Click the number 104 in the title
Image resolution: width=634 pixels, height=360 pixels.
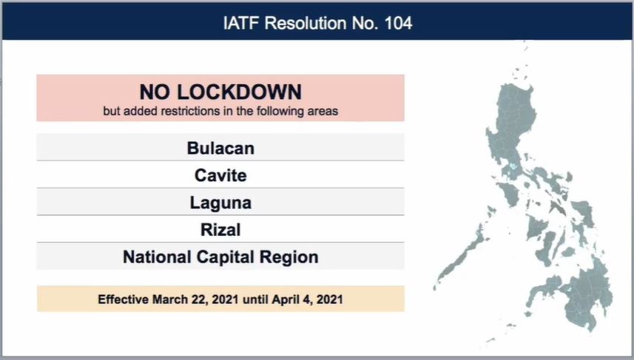click(398, 23)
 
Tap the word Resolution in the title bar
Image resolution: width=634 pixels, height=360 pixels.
click(306, 23)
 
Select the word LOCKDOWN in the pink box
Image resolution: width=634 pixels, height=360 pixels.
click(239, 92)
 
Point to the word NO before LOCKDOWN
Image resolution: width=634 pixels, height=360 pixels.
click(155, 92)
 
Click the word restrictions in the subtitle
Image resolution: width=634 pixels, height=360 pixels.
click(189, 111)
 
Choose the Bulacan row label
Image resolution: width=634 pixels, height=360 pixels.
click(220, 149)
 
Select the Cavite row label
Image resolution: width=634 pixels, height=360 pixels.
click(220, 175)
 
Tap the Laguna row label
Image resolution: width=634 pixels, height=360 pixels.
click(220, 203)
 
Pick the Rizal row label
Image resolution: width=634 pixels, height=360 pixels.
click(220, 230)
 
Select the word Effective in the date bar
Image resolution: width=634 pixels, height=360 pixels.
click(123, 299)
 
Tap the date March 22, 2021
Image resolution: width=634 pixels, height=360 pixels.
click(196, 300)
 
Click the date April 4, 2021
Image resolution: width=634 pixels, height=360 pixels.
click(307, 300)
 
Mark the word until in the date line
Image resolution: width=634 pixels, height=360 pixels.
click(255, 299)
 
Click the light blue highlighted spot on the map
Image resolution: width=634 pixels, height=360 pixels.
click(513, 166)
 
